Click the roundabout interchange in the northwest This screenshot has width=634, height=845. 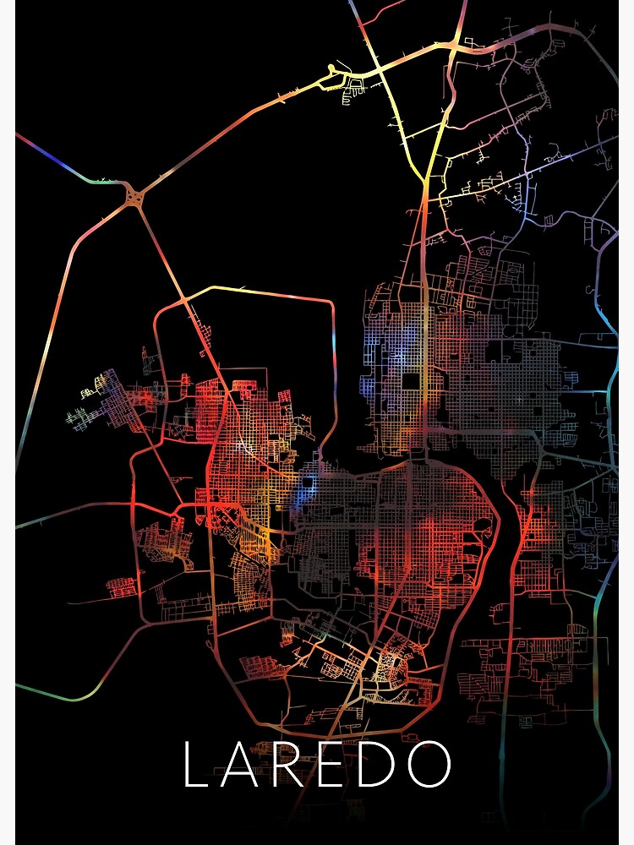[x=134, y=197]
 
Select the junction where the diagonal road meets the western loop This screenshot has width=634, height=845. [x=183, y=299]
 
